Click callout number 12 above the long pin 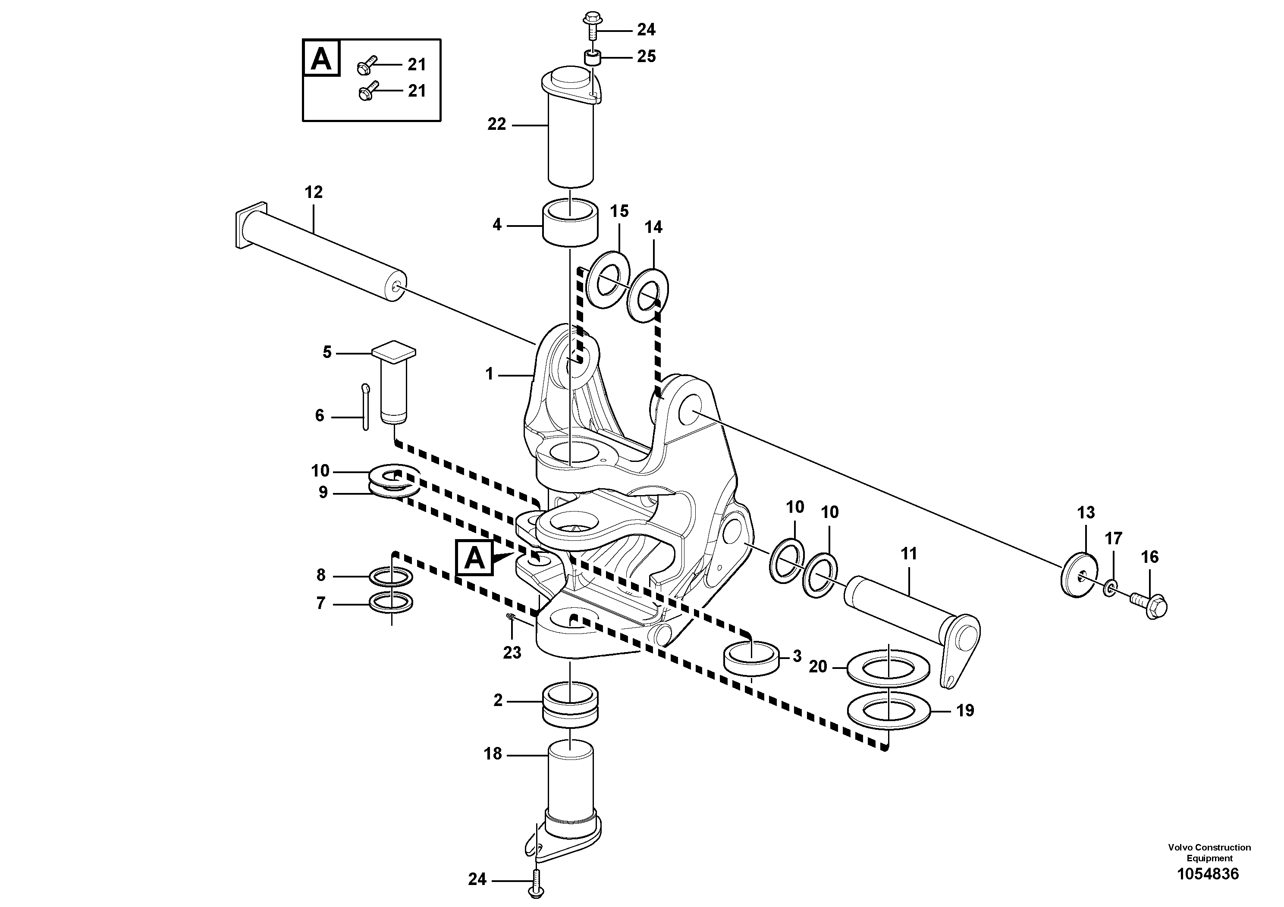pyautogui.click(x=313, y=192)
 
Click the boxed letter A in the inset pyautogui.click(x=320, y=58)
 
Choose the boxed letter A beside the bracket pyautogui.click(x=475, y=558)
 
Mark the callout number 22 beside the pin pyautogui.click(x=496, y=124)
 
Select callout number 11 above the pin pyautogui.click(x=909, y=554)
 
